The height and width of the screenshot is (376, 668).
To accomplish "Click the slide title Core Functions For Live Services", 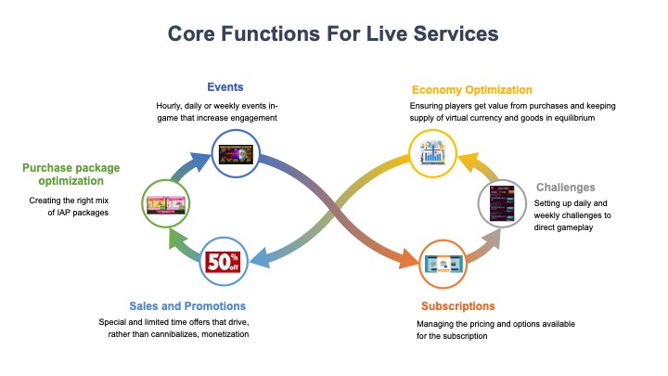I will [x=333, y=33].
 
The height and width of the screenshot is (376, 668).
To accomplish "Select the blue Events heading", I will [x=225, y=87].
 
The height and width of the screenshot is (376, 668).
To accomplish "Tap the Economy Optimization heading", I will [x=471, y=90].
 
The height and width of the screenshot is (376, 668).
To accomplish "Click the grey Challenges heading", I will [x=565, y=188].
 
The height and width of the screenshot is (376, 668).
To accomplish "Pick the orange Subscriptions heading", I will [x=457, y=305].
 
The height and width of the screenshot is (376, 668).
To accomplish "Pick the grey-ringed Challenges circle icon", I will [x=502, y=203].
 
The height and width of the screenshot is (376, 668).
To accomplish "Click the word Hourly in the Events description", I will [x=171, y=106].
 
